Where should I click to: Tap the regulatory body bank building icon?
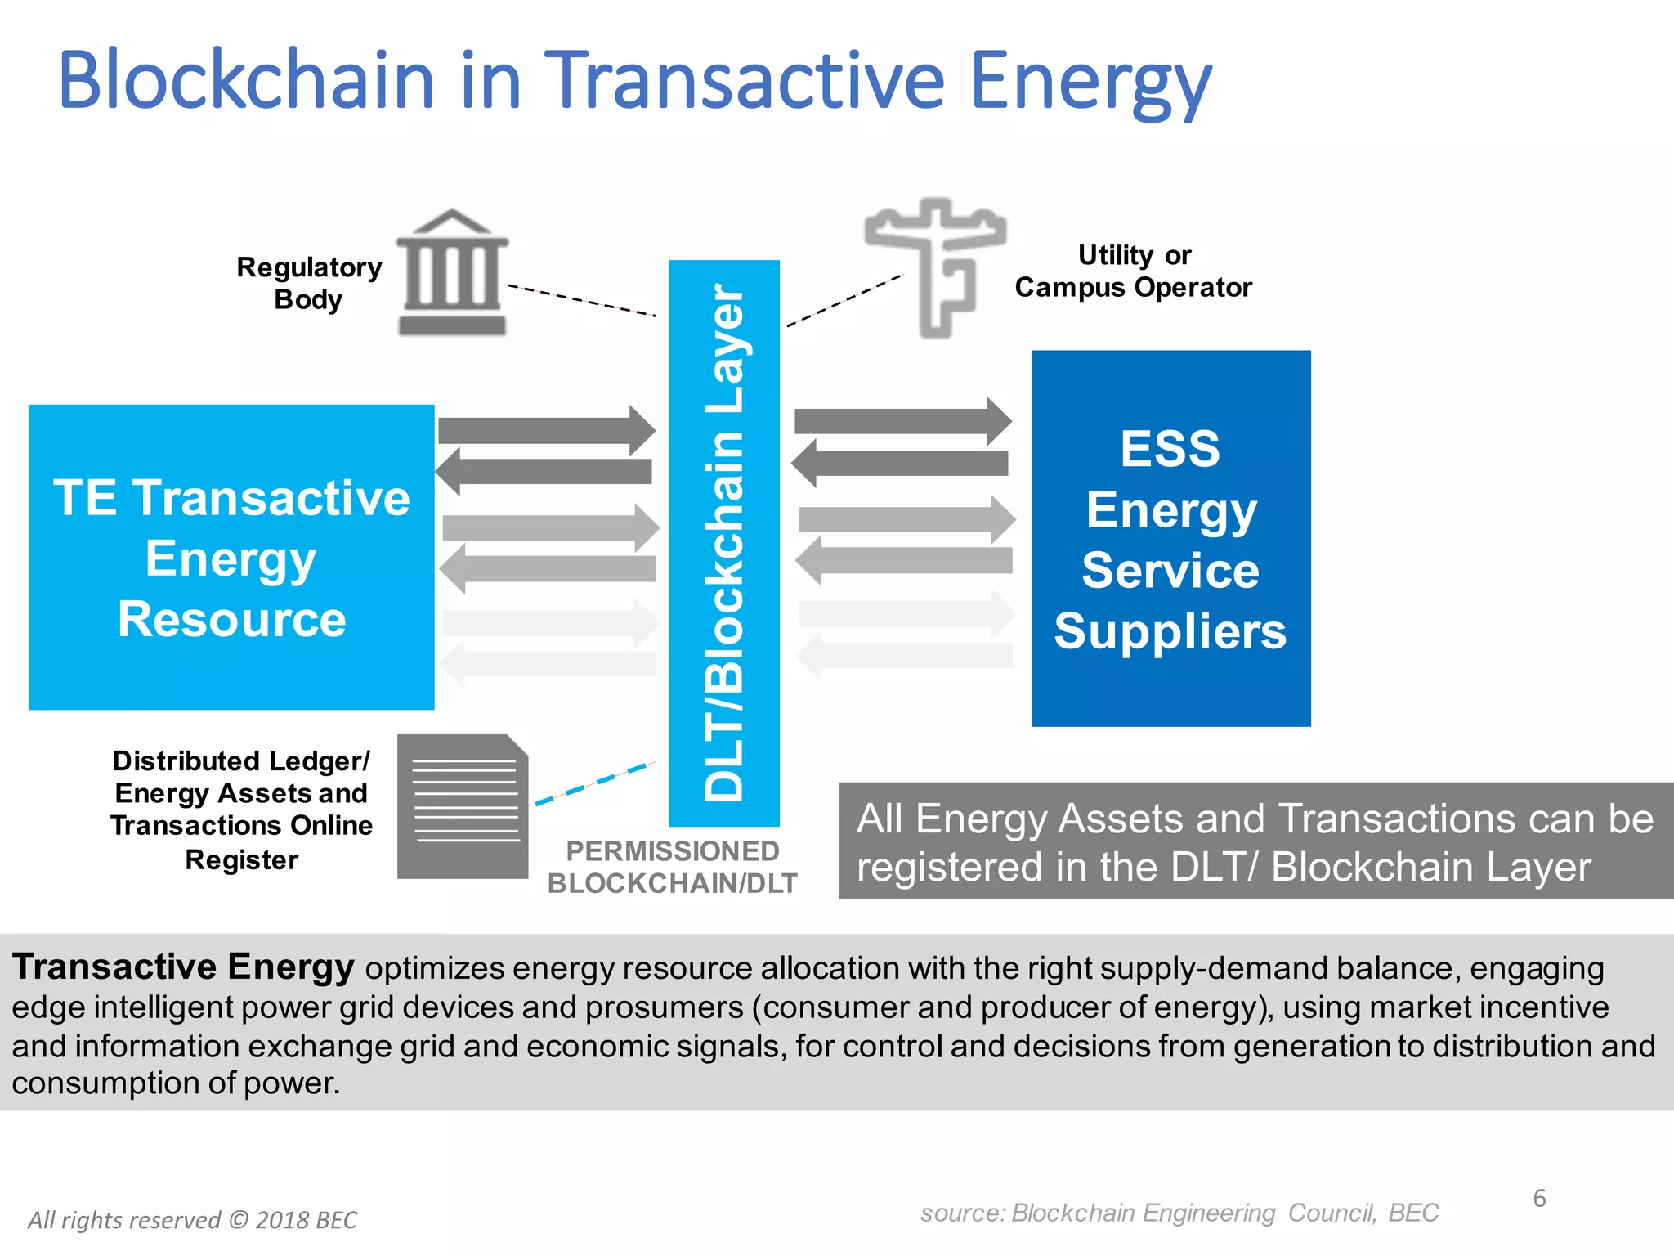[452, 274]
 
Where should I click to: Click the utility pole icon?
[937, 266]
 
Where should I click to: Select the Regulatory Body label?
[309, 283]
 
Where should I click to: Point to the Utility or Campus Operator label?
[1133, 271]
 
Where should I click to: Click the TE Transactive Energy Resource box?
[231, 557]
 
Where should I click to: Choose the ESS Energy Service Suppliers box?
[1170, 538]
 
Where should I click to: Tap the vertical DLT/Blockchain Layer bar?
[723, 542]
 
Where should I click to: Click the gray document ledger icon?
[463, 807]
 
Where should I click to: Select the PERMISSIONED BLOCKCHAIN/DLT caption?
[672, 867]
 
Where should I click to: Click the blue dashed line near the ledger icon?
[594, 784]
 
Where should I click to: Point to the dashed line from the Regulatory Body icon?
[582, 300]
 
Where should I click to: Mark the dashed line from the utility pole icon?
[845, 300]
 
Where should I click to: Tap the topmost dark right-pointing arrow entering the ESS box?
[902, 421]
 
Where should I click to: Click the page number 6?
[1539, 1199]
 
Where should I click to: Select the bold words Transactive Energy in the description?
[183, 967]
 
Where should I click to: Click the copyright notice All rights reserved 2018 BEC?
[192, 1220]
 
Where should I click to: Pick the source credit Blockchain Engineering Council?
[1179, 1213]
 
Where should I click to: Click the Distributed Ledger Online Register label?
[241, 810]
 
